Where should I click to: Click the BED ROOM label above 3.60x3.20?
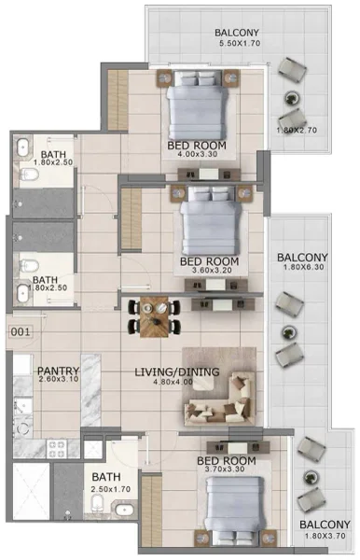(x=209, y=261)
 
